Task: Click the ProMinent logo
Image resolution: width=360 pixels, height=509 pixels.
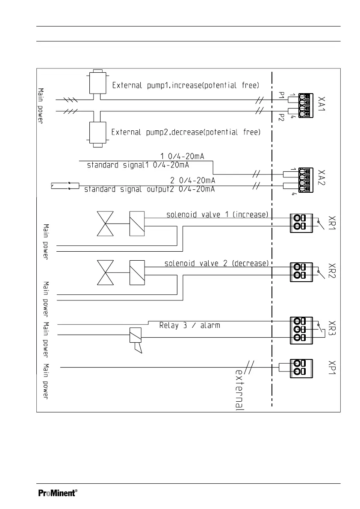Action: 58,493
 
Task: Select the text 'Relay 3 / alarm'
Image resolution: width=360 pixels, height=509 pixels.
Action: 189,325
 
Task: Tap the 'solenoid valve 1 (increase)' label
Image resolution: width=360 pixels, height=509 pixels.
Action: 217,215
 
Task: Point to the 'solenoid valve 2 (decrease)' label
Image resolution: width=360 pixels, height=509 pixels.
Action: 216,263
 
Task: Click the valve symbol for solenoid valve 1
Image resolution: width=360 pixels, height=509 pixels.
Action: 106,224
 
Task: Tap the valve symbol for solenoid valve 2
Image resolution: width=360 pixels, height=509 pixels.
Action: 106,272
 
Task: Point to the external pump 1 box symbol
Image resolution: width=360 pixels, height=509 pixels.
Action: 97,82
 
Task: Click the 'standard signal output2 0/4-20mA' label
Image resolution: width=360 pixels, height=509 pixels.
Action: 149,189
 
